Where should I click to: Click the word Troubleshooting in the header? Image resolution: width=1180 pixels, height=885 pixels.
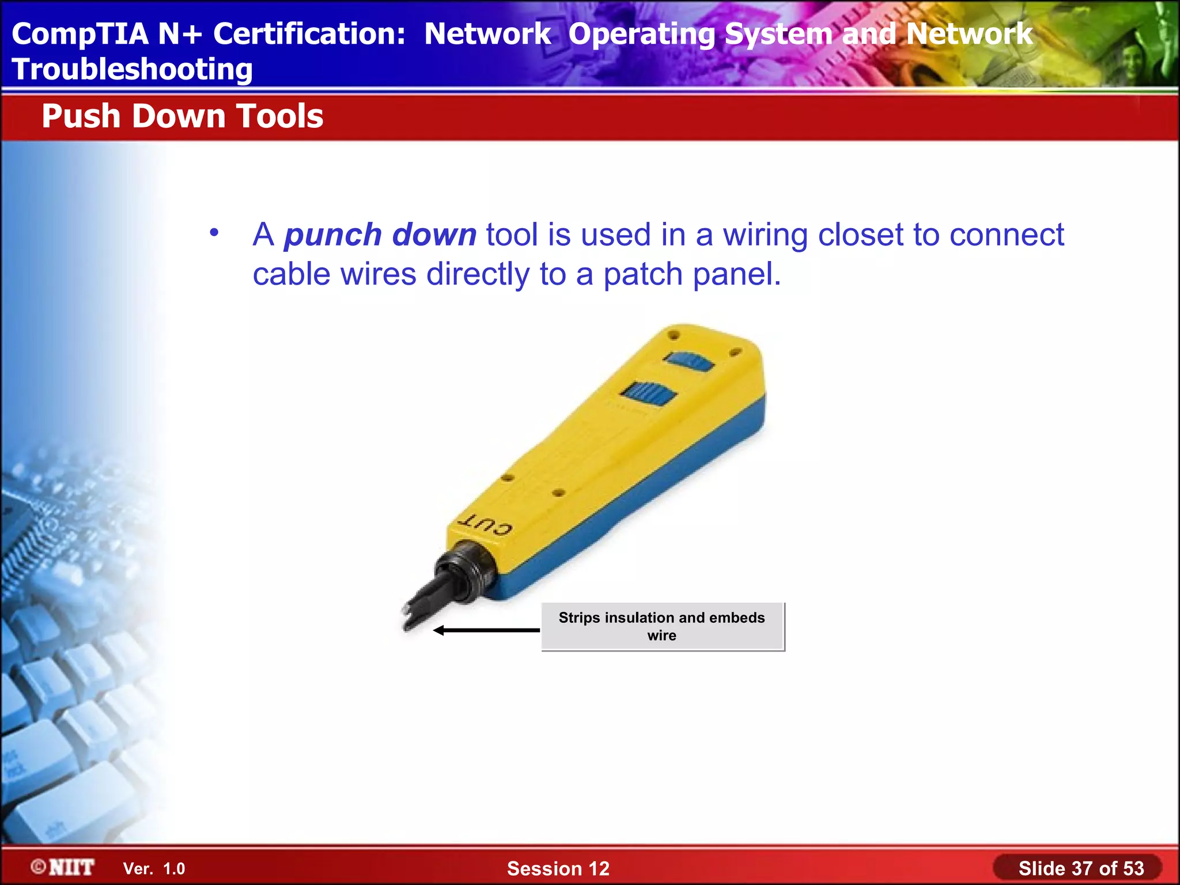(132, 70)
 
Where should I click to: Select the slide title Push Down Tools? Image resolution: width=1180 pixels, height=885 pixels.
(182, 116)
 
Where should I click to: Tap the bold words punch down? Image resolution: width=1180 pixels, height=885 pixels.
(380, 235)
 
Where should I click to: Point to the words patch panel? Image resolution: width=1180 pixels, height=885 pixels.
(691, 274)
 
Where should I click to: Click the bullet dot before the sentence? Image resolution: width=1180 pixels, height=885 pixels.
(214, 233)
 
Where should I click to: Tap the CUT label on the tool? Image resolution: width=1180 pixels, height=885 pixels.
(485, 525)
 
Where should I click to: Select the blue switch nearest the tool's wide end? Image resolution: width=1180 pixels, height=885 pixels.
(690, 362)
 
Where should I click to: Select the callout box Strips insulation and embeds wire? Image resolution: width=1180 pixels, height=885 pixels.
(662, 626)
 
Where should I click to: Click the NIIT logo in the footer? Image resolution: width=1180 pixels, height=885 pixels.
(63, 867)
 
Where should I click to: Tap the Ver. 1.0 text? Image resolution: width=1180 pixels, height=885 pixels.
(154, 869)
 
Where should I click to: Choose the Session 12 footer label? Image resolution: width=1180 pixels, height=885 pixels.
(558, 868)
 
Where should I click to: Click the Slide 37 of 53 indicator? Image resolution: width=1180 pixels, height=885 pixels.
(1080, 868)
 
